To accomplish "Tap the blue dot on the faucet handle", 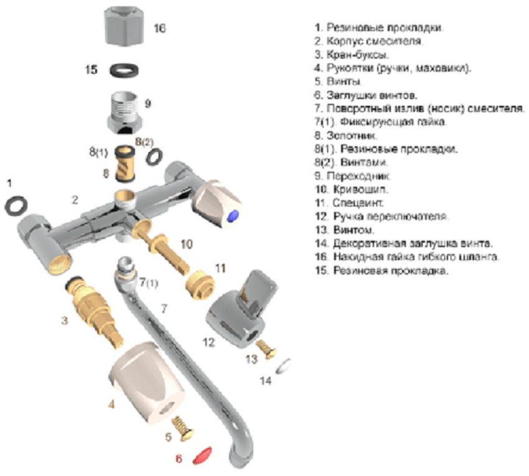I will click(x=234, y=217).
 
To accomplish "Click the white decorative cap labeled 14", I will click(x=284, y=366).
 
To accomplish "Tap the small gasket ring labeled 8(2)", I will click(x=152, y=157).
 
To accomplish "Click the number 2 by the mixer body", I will click(x=75, y=200).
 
